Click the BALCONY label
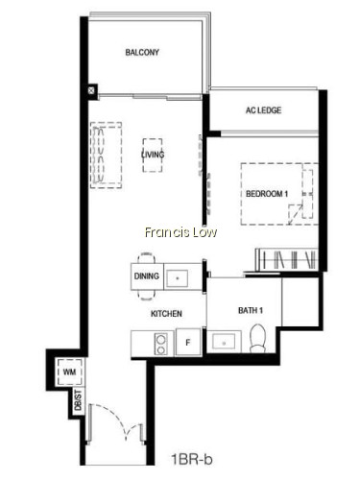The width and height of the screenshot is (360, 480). tap(142, 52)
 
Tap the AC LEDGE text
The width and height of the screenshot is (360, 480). tap(263, 110)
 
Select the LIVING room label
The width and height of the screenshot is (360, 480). tap(153, 155)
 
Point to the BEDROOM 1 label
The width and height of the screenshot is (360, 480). tap(267, 194)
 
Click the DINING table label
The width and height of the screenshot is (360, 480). tap(146, 276)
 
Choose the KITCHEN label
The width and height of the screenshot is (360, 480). tap(166, 313)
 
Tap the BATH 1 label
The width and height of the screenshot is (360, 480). tap(251, 310)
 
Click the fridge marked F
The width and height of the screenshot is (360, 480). tap(188, 342)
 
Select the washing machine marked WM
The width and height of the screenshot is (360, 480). tap(70, 372)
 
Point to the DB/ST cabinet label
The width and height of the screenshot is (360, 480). tap(78, 400)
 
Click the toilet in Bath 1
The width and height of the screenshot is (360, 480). tap(257, 339)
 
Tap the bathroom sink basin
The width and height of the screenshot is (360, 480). tap(224, 343)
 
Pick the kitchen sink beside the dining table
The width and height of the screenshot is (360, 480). tap(178, 277)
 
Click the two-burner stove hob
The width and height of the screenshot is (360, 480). tap(161, 344)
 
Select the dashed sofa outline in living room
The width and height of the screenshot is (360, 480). tap(106, 155)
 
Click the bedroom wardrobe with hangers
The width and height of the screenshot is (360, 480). tap(287, 259)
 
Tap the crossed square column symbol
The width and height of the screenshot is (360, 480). tap(91, 90)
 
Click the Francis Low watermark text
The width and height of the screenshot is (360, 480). tap(180, 232)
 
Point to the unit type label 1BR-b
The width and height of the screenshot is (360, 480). tap(192, 460)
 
